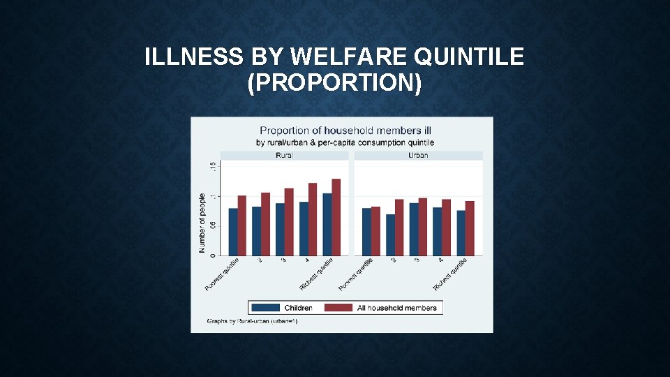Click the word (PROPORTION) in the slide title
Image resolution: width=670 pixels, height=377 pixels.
334,83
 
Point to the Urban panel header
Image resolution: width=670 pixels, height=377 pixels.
418,155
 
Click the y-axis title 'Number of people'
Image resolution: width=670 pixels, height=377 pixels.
202,223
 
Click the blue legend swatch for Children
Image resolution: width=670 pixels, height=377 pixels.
265,308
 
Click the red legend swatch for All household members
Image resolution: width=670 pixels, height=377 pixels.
338,308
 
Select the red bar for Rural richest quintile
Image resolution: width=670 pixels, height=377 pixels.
336,216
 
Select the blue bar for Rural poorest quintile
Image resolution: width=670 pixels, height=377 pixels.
233,231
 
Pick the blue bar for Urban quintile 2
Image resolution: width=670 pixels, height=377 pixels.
390,235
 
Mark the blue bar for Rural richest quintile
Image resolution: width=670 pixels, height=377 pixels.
327,223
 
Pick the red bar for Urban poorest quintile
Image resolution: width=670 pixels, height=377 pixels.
375,230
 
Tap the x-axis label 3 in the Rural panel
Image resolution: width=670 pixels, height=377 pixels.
283,260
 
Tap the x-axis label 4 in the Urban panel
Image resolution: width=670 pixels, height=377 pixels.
441,260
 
